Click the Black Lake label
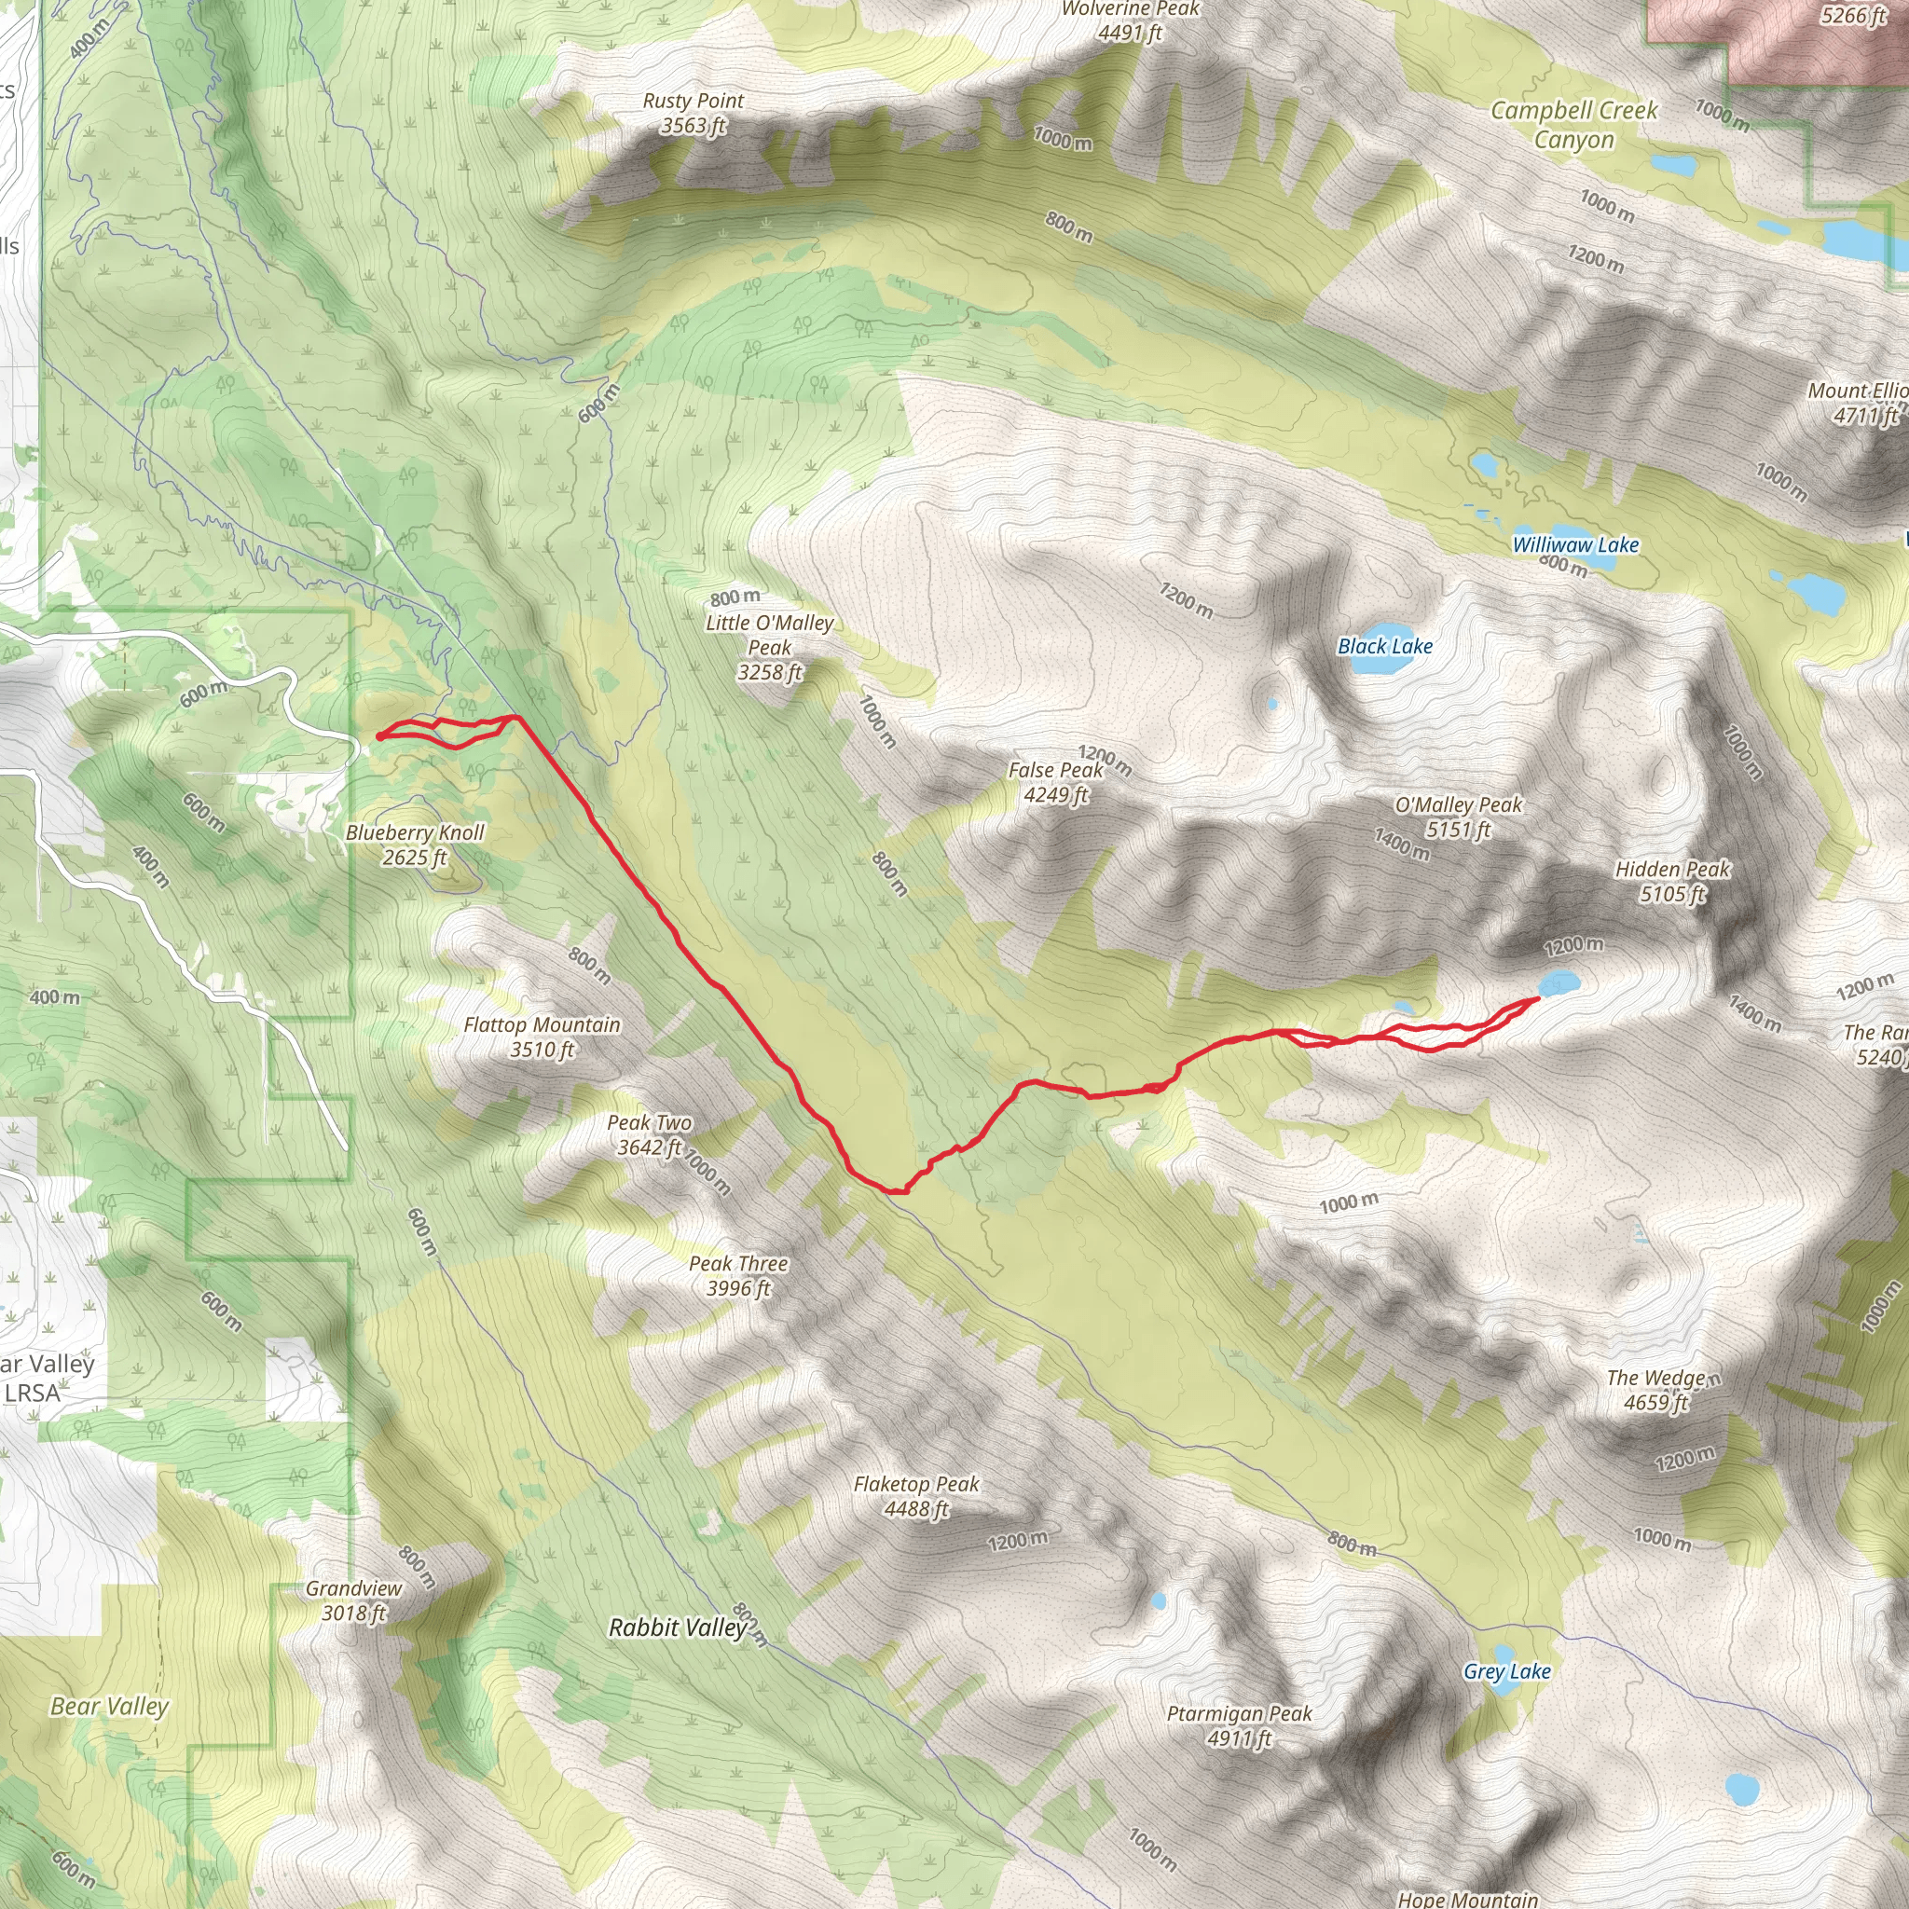pos(1384,646)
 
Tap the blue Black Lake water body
pos(1380,662)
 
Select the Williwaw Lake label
pos(1575,544)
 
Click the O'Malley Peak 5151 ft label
pos(1459,817)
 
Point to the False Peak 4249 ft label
pos(1055,781)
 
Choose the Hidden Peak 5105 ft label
pos(1672,882)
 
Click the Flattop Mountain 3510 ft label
pos(542,1037)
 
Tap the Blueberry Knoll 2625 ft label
pos(415,845)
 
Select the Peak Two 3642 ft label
pos(649,1134)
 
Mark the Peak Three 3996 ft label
pos(738,1276)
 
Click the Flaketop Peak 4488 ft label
pos(916,1496)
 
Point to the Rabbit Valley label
pos(678,1627)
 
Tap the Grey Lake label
pos(1507,1671)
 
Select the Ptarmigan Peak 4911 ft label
pos(1239,1725)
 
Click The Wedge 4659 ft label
pos(1657,1389)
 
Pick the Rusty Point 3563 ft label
pos(693,113)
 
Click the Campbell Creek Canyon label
pos(1574,125)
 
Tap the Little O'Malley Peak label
pos(770,647)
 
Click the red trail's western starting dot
pos(380,735)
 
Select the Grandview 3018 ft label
pos(353,1600)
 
